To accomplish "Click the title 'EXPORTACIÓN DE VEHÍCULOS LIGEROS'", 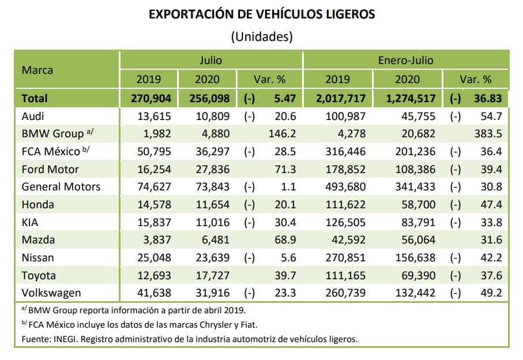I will (261, 14).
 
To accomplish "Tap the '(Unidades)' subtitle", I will (261, 37).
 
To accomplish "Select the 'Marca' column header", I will (37, 70).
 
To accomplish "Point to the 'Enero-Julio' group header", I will (405, 59).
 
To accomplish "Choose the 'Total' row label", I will (35, 98).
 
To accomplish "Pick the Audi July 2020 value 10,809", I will (212, 116).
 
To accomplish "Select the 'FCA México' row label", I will (51, 152).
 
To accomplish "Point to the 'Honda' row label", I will (38, 205).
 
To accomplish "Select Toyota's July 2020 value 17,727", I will (212, 276).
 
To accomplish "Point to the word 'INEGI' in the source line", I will (67, 339).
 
